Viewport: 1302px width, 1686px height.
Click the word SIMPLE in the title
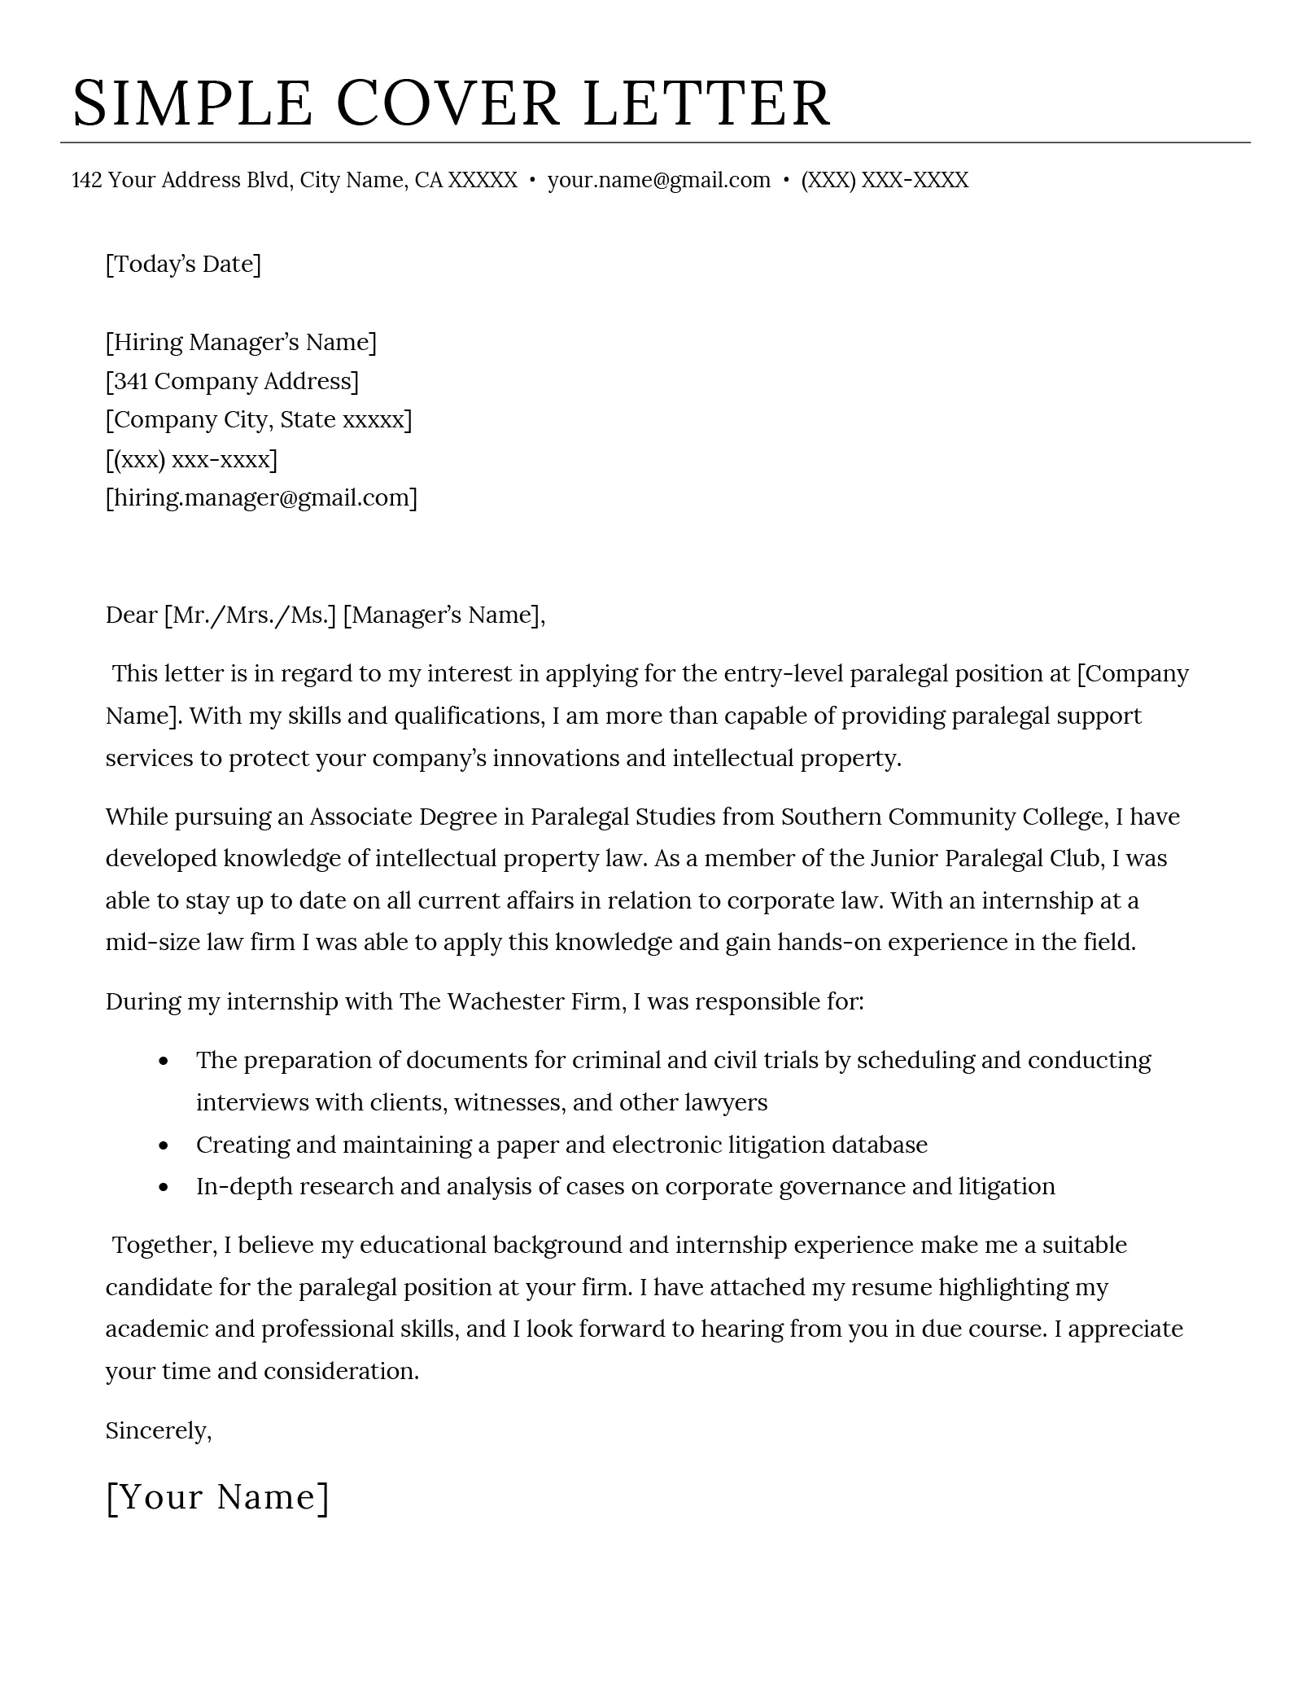pyautogui.click(x=192, y=103)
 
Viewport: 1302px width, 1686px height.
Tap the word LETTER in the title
pyautogui.click(x=706, y=103)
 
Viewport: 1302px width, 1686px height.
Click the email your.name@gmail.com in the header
pyautogui.click(x=658, y=180)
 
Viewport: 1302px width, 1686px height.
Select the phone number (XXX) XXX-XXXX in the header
pyautogui.click(x=885, y=180)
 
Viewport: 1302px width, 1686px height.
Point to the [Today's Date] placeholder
pyautogui.click(x=183, y=264)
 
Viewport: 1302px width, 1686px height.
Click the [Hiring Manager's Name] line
pyautogui.click(x=241, y=342)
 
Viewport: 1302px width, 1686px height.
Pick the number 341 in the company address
pyautogui.click(x=130, y=381)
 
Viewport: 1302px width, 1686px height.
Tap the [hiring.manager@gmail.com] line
pyautogui.click(x=261, y=497)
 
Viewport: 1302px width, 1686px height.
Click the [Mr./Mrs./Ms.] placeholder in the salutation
pyautogui.click(x=250, y=615)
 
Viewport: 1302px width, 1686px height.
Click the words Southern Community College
pyautogui.click(x=942, y=817)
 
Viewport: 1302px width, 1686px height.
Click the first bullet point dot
pyautogui.click(x=164, y=1062)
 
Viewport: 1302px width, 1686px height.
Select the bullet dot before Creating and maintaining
pyautogui.click(x=164, y=1145)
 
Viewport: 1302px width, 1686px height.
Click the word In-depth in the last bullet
pyautogui.click(x=244, y=1186)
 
